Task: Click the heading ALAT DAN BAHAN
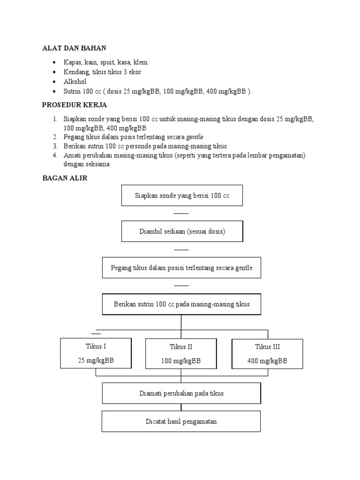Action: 74,48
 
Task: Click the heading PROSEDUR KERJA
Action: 75,105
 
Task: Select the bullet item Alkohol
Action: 75,82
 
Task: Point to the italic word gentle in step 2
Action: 195,137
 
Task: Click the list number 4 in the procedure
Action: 55,155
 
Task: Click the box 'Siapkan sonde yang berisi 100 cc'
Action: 182,195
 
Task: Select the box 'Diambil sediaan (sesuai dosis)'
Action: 182,232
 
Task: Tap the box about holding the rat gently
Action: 181,268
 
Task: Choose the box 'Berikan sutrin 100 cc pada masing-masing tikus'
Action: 181,304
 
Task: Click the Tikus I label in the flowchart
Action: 96,347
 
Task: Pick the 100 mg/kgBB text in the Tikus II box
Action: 181,361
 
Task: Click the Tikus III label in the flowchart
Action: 267,347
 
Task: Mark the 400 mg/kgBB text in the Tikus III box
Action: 267,361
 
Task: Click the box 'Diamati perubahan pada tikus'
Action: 181,393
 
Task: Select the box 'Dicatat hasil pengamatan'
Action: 181,421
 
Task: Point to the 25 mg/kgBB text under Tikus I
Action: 96,361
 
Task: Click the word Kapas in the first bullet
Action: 73,62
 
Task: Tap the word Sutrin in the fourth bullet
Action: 73,91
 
